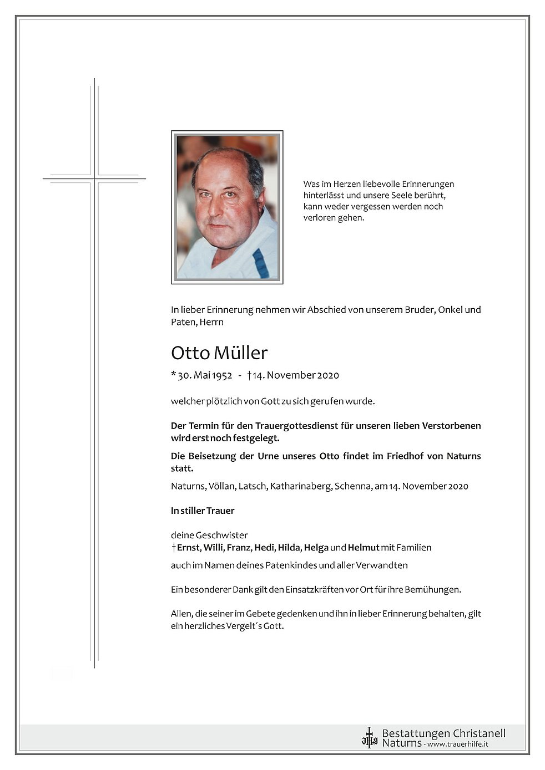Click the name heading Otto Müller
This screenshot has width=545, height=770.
(x=219, y=353)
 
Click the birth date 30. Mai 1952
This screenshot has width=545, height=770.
(x=204, y=375)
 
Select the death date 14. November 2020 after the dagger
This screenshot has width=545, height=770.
(x=295, y=375)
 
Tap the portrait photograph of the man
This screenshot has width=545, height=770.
(x=227, y=207)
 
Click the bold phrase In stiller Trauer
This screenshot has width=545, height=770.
(x=203, y=511)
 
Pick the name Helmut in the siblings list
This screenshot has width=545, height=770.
(x=364, y=548)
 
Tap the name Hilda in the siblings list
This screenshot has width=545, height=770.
(x=289, y=548)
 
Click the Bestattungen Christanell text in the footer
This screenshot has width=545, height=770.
(x=443, y=733)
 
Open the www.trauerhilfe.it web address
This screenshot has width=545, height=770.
(x=457, y=744)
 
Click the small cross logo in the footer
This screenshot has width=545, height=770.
(x=369, y=738)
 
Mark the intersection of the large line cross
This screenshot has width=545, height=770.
(x=94, y=179)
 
